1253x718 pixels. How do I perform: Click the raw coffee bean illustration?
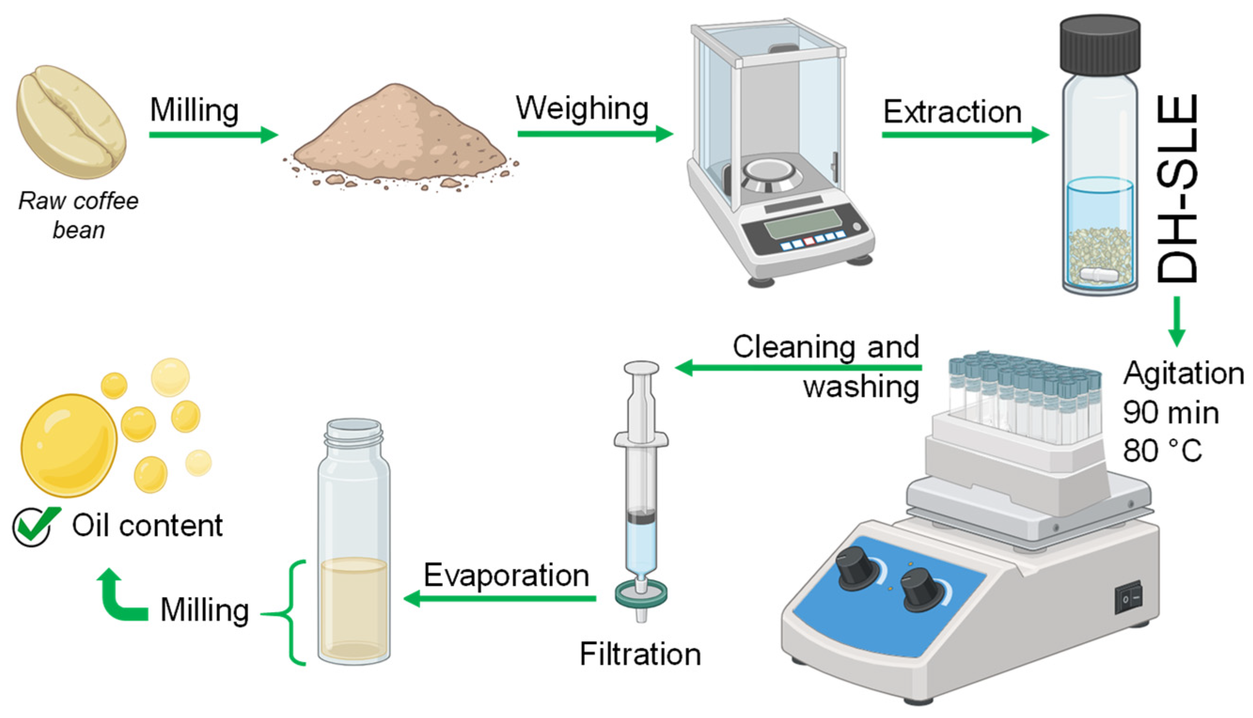[71, 122]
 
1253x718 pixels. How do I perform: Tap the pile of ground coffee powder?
[400, 138]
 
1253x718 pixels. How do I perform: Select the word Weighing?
[582, 109]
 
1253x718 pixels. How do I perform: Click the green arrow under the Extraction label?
[965, 134]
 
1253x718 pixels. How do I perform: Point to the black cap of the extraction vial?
[1100, 46]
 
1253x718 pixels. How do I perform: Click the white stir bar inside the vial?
[1099, 275]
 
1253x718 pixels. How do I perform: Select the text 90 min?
[1171, 413]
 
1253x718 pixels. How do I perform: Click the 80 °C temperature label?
[1162, 451]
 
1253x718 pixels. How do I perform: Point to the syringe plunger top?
[641, 368]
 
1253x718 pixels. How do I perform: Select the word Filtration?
[640, 655]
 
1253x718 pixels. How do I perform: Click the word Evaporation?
[507, 575]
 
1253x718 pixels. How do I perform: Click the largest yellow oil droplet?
[69, 445]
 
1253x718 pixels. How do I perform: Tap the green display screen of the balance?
[802, 223]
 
